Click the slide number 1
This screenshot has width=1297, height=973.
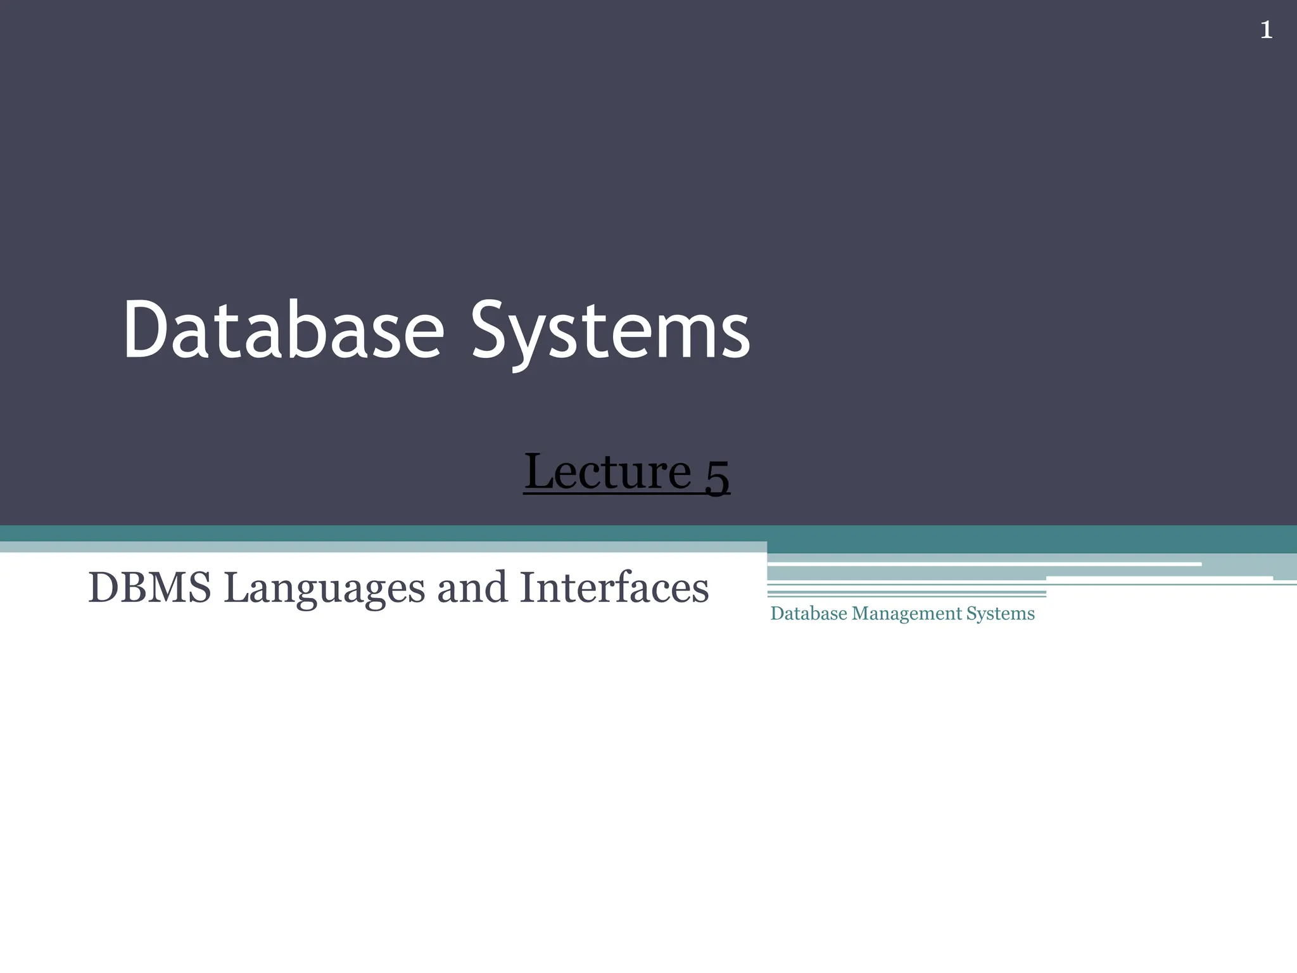click(1266, 30)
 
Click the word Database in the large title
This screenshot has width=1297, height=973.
click(284, 331)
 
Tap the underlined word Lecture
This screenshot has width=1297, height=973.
click(607, 471)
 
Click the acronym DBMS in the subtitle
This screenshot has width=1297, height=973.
click(149, 587)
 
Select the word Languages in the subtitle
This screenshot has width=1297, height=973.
click(324, 588)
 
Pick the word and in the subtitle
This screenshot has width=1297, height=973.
click(472, 587)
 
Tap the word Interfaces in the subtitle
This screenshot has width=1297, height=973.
click(614, 587)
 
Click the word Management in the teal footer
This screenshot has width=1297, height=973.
click(907, 613)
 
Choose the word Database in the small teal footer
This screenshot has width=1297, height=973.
click(809, 613)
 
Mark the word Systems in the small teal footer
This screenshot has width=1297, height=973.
click(1001, 614)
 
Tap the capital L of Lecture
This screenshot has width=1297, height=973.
click(539, 471)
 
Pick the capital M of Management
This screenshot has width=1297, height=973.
click(861, 613)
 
